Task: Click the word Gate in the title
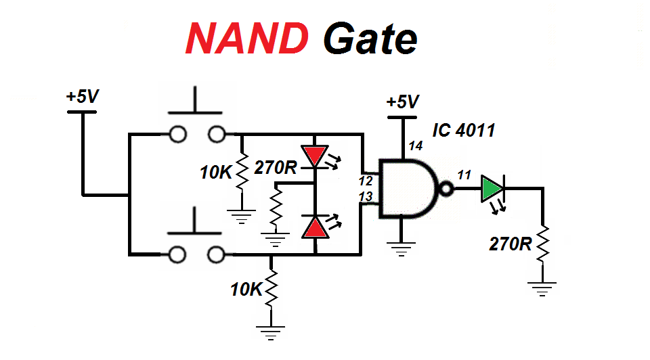point(369,39)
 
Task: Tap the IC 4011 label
point(464,130)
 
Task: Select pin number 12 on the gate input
point(366,181)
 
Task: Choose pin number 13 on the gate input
point(366,196)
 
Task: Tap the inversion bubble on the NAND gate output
point(445,189)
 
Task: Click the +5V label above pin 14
point(402,102)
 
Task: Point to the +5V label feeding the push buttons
point(83,97)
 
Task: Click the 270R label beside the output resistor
point(511,244)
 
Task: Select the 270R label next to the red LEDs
point(276,167)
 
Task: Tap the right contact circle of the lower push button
point(216,254)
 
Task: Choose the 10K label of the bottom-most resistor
point(245,290)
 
